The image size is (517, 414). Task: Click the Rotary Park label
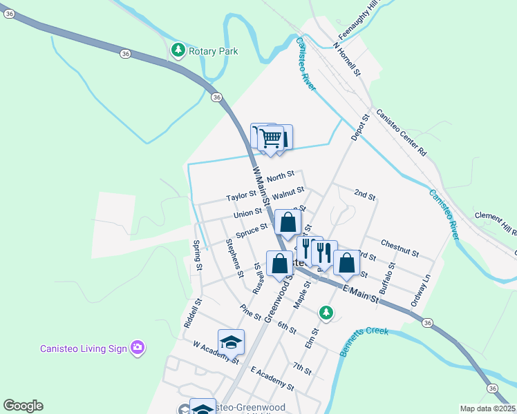[215, 51]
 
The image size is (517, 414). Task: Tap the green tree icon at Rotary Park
[178, 50]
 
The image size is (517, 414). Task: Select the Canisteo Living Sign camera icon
[138, 348]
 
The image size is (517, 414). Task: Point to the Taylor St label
[241, 197]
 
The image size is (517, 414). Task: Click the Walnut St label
[288, 190]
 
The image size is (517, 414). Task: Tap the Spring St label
[198, 255]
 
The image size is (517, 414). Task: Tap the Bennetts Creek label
[364, 342]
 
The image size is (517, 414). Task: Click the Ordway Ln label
[420, 291]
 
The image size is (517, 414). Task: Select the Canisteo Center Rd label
[401, 131]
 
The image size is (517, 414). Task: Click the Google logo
[23, 406]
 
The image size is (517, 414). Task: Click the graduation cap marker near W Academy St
[231, 341]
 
